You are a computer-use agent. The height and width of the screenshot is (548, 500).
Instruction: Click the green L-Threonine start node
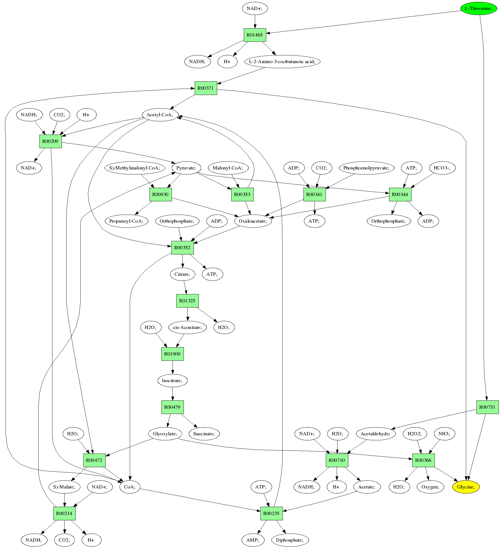(x=479, y=8)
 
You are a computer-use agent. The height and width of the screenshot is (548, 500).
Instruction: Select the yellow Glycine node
(x=466, y=487)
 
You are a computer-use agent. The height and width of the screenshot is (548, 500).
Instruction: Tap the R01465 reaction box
(x=255, y=35)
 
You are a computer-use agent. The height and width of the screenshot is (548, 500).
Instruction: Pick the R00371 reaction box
(x=206, y=88)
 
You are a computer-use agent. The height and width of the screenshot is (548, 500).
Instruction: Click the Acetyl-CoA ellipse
(x=160, y=115)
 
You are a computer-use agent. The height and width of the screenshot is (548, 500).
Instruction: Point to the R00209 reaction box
(x=50, y=141)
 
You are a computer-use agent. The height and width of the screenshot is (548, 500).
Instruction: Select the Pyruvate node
(x=186, y=168)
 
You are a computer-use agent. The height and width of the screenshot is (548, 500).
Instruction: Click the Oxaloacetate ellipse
(x=253, y=221)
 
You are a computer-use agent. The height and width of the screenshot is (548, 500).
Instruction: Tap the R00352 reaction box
(x=182, y=248)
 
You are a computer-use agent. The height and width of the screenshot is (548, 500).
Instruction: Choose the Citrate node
(x=182, y=274)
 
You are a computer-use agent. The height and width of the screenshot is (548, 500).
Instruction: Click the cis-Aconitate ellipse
(x=188, y=327)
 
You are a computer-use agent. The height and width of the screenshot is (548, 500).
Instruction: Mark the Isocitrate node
(x=172, y=380)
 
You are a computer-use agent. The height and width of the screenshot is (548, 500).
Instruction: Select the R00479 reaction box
(x=172, y=407)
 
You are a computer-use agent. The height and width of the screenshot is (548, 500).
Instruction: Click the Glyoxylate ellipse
(x=165, y=434)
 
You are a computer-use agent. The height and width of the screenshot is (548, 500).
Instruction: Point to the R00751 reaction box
(x=488, y=407)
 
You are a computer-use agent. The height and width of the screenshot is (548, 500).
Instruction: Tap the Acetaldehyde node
(x=376, y=434)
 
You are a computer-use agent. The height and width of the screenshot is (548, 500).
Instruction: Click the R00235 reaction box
(x=271, y=513)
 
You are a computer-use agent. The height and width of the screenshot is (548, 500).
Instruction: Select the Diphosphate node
(x=290, y=540)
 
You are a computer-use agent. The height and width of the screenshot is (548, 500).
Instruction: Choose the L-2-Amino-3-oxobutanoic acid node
(x=282, y=61)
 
